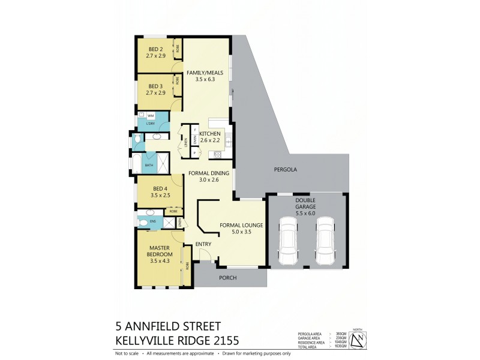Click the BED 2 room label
(155, 52)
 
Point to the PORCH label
(227, 278)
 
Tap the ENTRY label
(203, 244)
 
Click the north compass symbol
(358, 340)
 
